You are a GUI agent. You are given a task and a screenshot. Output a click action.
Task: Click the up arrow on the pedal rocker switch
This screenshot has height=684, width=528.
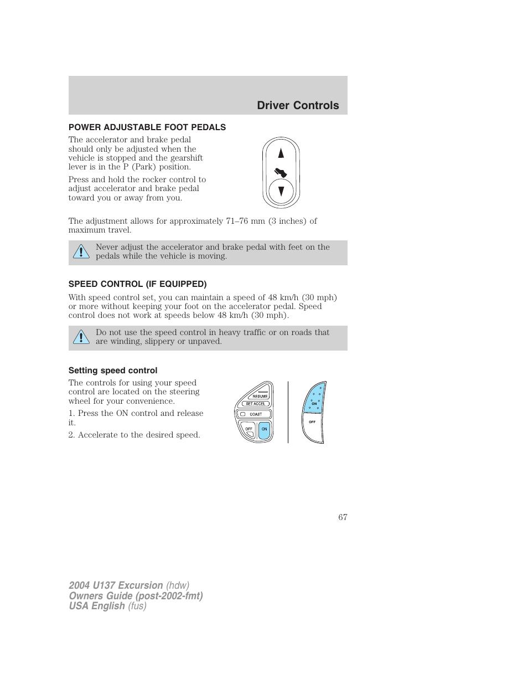281,153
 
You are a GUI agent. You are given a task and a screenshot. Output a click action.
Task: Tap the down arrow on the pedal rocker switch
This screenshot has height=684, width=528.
281,192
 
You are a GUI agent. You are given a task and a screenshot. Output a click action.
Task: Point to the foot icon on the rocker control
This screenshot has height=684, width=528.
281,172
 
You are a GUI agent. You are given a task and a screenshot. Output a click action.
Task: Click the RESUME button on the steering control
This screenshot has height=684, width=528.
260,395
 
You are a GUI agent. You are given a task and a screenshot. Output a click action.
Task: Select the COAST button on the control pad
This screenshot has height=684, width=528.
255,414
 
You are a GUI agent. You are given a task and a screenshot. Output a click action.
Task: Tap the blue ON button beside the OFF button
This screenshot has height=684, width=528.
265,429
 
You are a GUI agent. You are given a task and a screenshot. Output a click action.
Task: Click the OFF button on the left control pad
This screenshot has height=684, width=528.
249,429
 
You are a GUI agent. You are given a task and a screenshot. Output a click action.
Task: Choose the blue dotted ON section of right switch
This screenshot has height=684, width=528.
314,400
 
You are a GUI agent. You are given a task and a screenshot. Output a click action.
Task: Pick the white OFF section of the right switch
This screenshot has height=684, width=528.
312,426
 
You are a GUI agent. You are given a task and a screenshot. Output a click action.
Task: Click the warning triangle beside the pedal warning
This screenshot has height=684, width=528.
81,252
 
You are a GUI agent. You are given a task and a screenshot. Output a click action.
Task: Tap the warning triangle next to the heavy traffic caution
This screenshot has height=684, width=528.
81,337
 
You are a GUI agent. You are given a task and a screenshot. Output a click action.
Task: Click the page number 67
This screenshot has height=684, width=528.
343,517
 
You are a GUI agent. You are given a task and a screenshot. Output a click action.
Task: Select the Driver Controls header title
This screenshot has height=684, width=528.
298,105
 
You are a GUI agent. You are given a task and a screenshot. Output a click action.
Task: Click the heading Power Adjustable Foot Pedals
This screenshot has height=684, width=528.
147,127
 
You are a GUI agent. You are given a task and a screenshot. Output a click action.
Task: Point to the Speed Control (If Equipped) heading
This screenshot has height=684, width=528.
137,284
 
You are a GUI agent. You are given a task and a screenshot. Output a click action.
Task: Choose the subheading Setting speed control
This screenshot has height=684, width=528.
113,371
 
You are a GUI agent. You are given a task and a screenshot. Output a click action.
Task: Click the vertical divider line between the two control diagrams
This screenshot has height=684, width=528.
288,412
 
